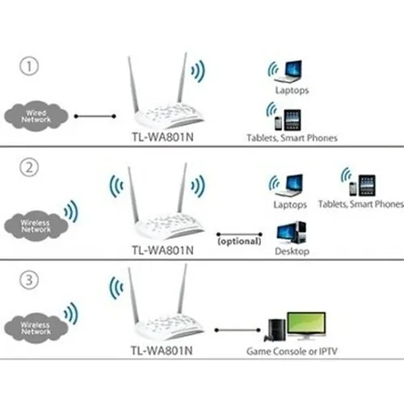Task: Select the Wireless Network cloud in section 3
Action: [36, 326]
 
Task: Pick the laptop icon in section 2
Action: [290, 184]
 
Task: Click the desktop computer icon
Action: [291, 233]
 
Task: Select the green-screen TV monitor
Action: [306, 326]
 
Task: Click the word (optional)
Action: [239, 241]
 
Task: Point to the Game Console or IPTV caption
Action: [292, 352]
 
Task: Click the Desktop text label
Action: [291, 252]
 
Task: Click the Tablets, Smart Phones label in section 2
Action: [360, 205]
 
